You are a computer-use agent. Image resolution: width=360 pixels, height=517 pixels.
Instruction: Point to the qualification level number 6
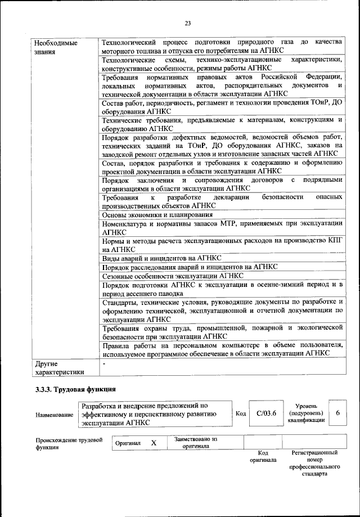click(337, 413)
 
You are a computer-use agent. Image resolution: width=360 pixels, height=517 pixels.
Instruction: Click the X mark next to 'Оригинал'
click(153, 443)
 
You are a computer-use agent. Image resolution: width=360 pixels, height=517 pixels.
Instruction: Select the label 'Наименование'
click(54, 415)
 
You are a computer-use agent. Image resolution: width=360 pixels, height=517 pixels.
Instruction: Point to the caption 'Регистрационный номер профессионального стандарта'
click(314, 463)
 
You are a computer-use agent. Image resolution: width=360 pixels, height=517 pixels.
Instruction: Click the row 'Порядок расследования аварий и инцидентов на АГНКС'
click(190, 267)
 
